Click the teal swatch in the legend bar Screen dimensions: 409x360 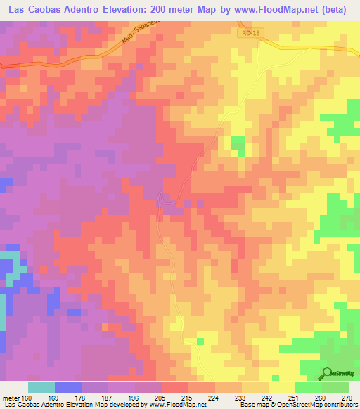(41, 387)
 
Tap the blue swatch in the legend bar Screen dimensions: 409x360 (67, 387)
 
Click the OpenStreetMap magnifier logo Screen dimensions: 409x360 (328, 373)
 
